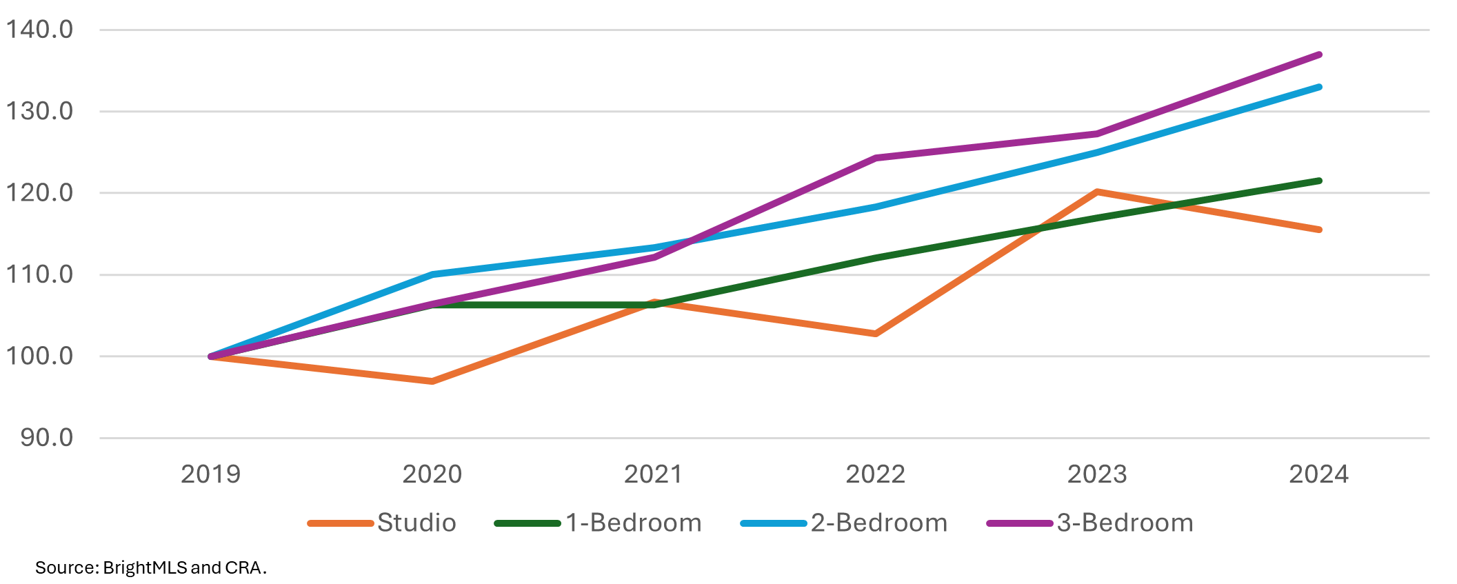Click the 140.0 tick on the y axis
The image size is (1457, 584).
pyautogui.click(x=39, y=30)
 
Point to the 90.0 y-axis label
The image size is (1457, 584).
pyautogui.click(x=46, y=438)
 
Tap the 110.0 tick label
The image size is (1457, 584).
pyautogui.click(x=39, y=274)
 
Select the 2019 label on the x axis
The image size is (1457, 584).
pyautogui.click(x=210, y=474)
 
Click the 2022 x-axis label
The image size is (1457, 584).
pyautogui.click(x=875, y=474)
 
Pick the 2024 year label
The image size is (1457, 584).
pyautogui.click(x=1318, y=474)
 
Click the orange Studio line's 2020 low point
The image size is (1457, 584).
pyautogui.click(x=432, y=381)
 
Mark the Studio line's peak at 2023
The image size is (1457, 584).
pyautogui.click(x=1097, y=192)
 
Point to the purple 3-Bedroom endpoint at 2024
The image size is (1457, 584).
pyautogui.click(x=1319, y=54)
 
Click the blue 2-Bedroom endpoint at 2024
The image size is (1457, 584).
pyautogui.click(x=1319, y=87)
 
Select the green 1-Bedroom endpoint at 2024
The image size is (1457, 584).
pyautogui.click(x=1319, y=181)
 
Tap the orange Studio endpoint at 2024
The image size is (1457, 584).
pyautogui.click(x=1319, y=230)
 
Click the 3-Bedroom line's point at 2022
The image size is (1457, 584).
pyautogui.click(x=876, y=158)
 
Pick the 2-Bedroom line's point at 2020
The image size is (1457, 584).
pyautogui.click(x=432, y=274)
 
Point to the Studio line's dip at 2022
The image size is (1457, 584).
pyautogui.click(x=876, y=334)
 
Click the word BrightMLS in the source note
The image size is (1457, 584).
pyautogui.click(x=145, y=567)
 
